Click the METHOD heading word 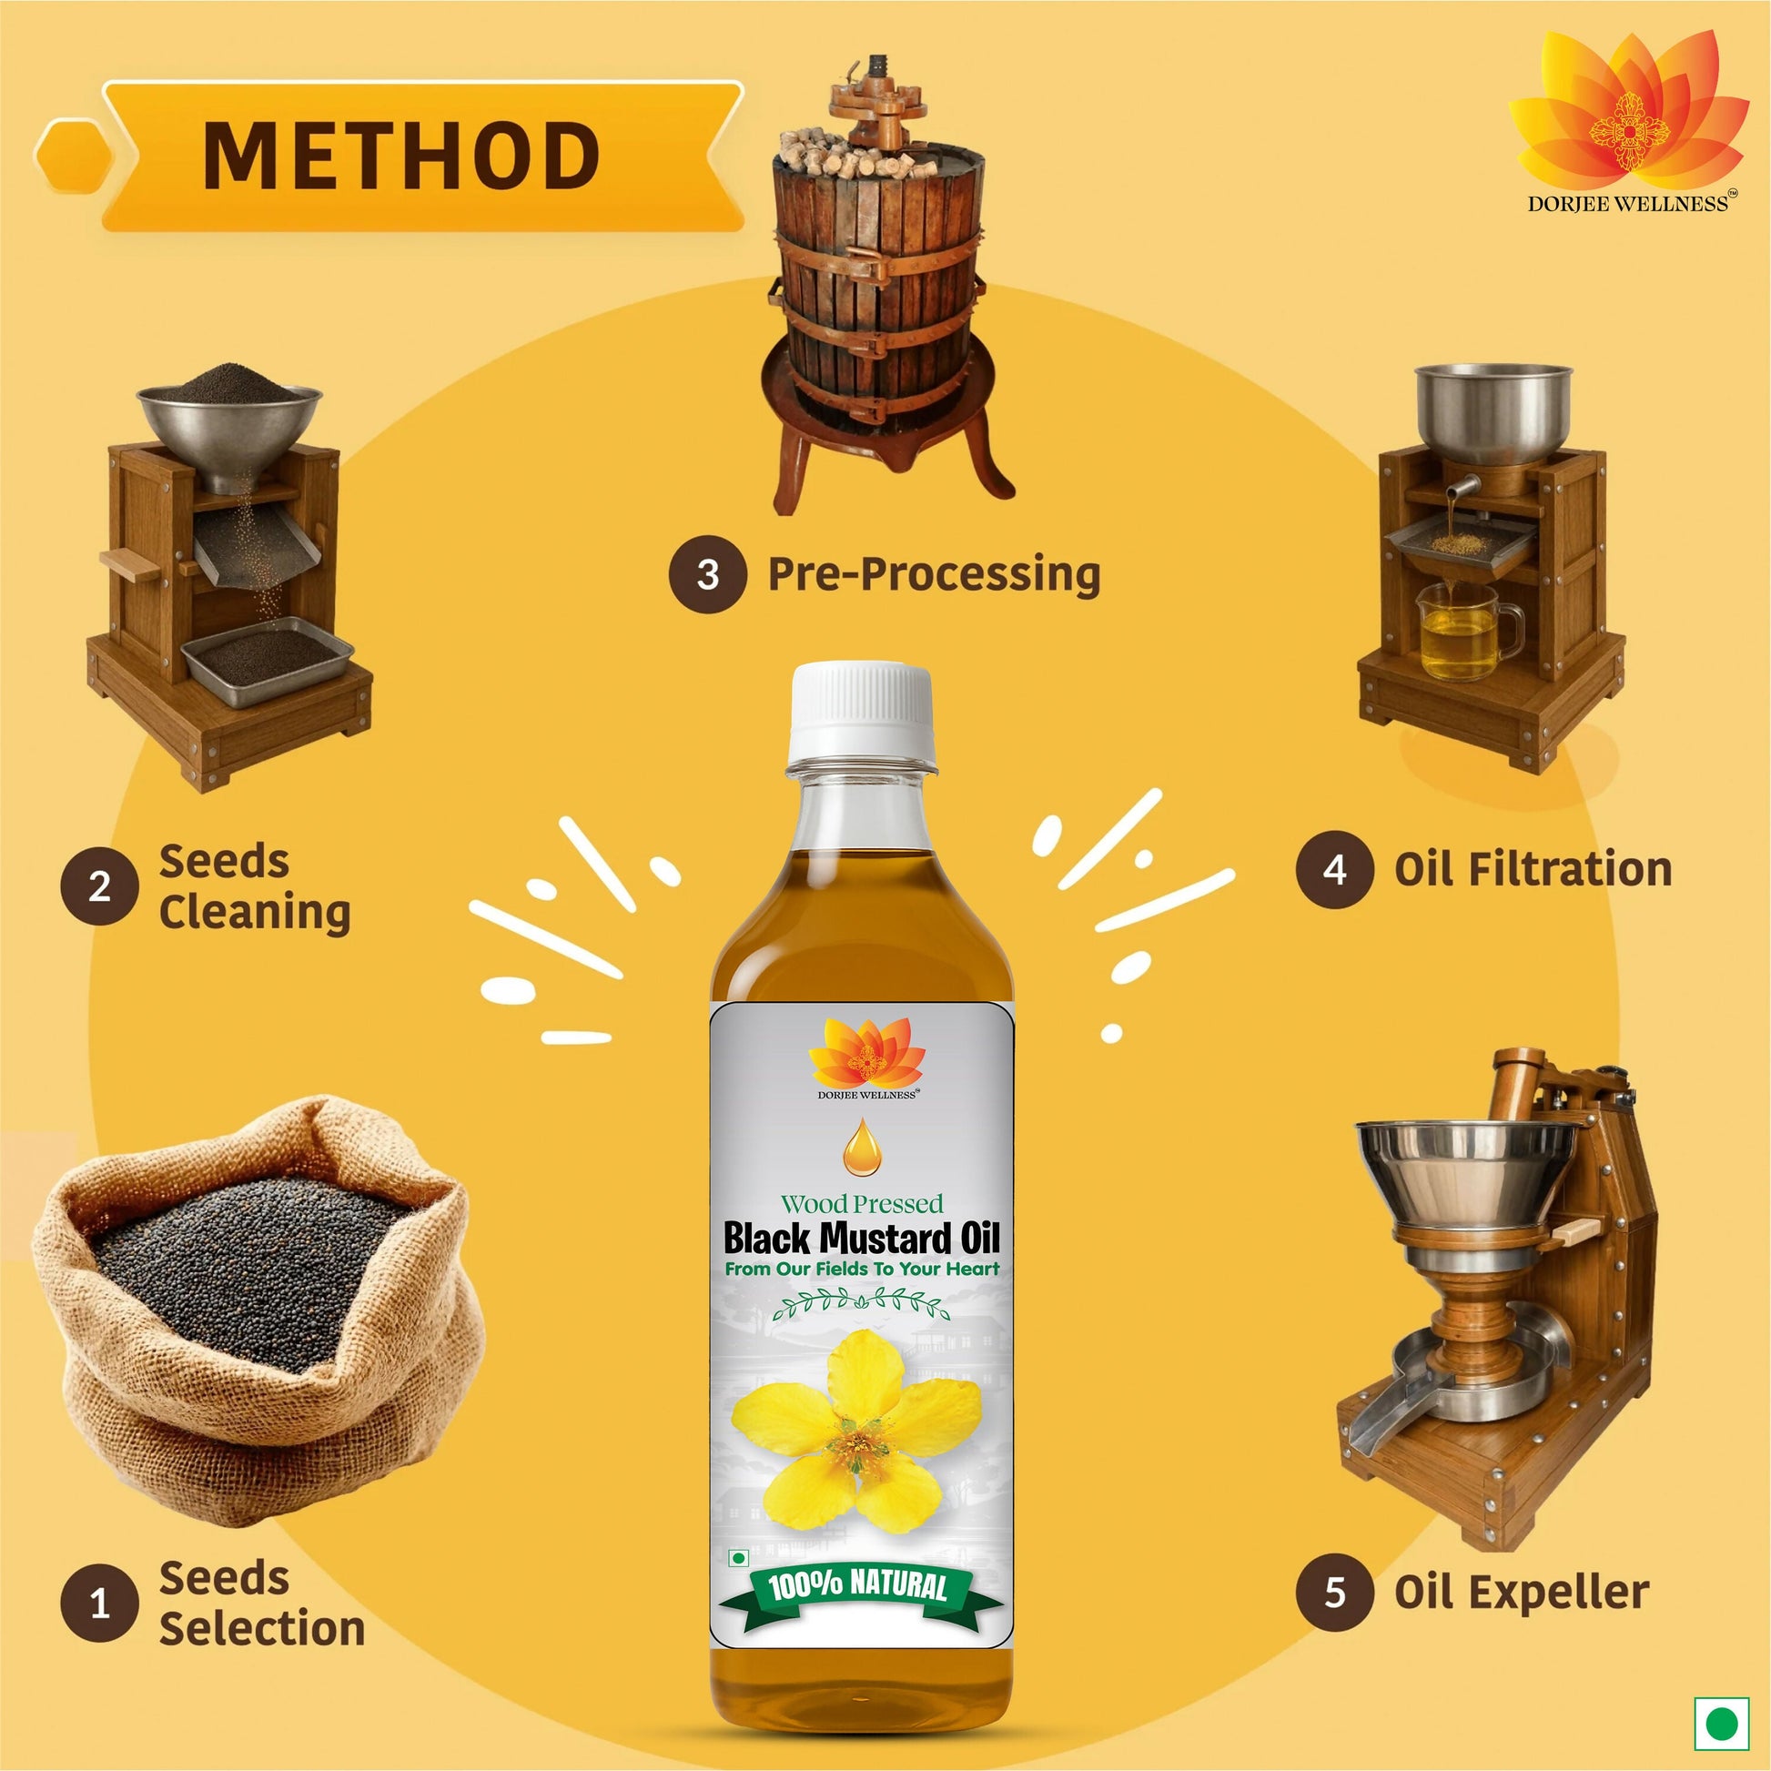(x=401, y=156)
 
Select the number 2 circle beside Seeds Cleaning (x=100, y=885)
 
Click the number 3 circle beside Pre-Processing (x=708, y=575)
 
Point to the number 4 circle (x=1335, y=869)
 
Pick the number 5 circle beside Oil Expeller (x=1335, y=1593)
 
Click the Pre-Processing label (x=934, y=576)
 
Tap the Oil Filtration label (x=1533, y=869)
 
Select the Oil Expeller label (x=1522, y=1594)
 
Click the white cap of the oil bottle (x=861, y=713)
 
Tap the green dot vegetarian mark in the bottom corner (x=1722, y=1724)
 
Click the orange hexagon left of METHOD (x=75, y=156)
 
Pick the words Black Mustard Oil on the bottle (x=861, y=1238)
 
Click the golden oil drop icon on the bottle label (x=862, y=1147)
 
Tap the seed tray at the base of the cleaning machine (x=267, y=661)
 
